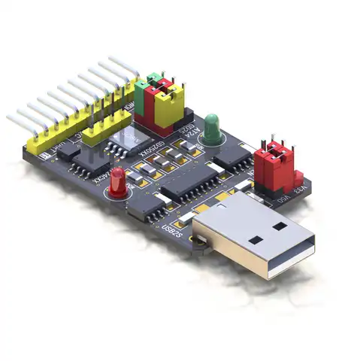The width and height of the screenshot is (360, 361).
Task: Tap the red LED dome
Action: pos(118,180)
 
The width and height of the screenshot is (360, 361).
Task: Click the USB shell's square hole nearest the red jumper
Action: pos(280,225)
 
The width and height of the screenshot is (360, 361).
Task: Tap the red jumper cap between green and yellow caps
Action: pos(159,101)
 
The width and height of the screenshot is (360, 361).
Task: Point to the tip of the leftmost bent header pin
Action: pos(9,117)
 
